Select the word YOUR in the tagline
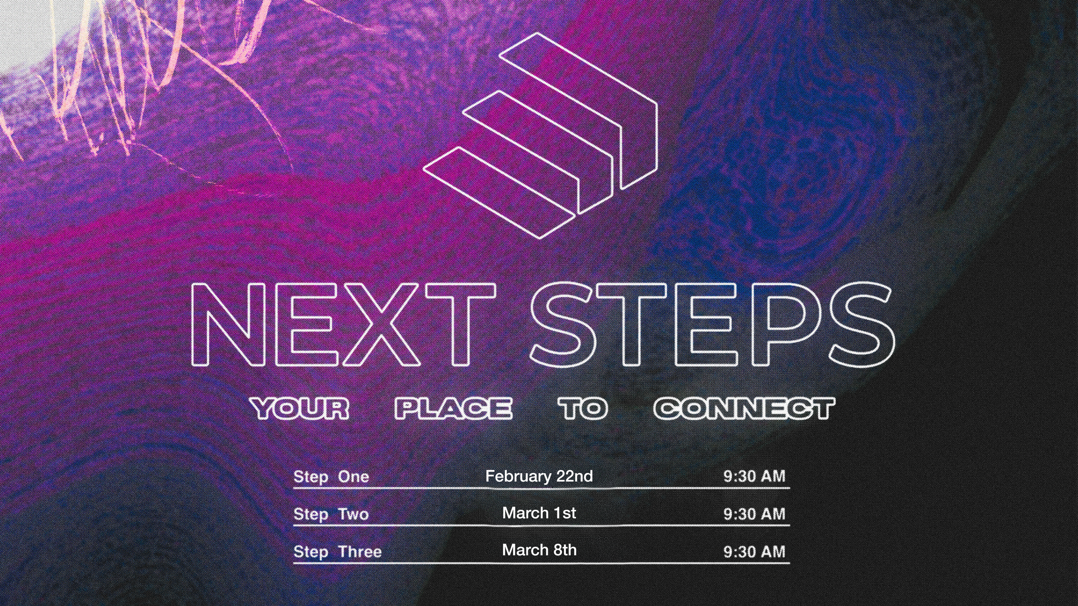pyautogui.click(x=300, y=409)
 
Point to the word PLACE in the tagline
pyautogui.click(x=454, y=409)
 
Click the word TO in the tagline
pyautogui.click(x=583, y=409)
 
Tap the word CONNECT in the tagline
pyautogui.click(x=744, y=409)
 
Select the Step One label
pyautogui.click(x=331, y=477)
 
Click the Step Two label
pyautogui.click(x=331, y=514)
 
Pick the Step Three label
pyautogui.click(x=338, y=552)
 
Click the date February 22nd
pyautogui.click(x=539, y=476)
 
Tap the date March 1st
pyautogui.click(x=539, y=513)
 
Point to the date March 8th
pyautogui.click(x=539, y=550)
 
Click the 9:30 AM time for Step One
pyautogui.click(x=754, y=476)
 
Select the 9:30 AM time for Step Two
pyautogui.click(x=754, y=514)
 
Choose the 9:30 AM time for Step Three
pyautogui.click(x=754, y=552)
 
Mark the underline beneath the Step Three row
pyautogui.click(x=541, y=563)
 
